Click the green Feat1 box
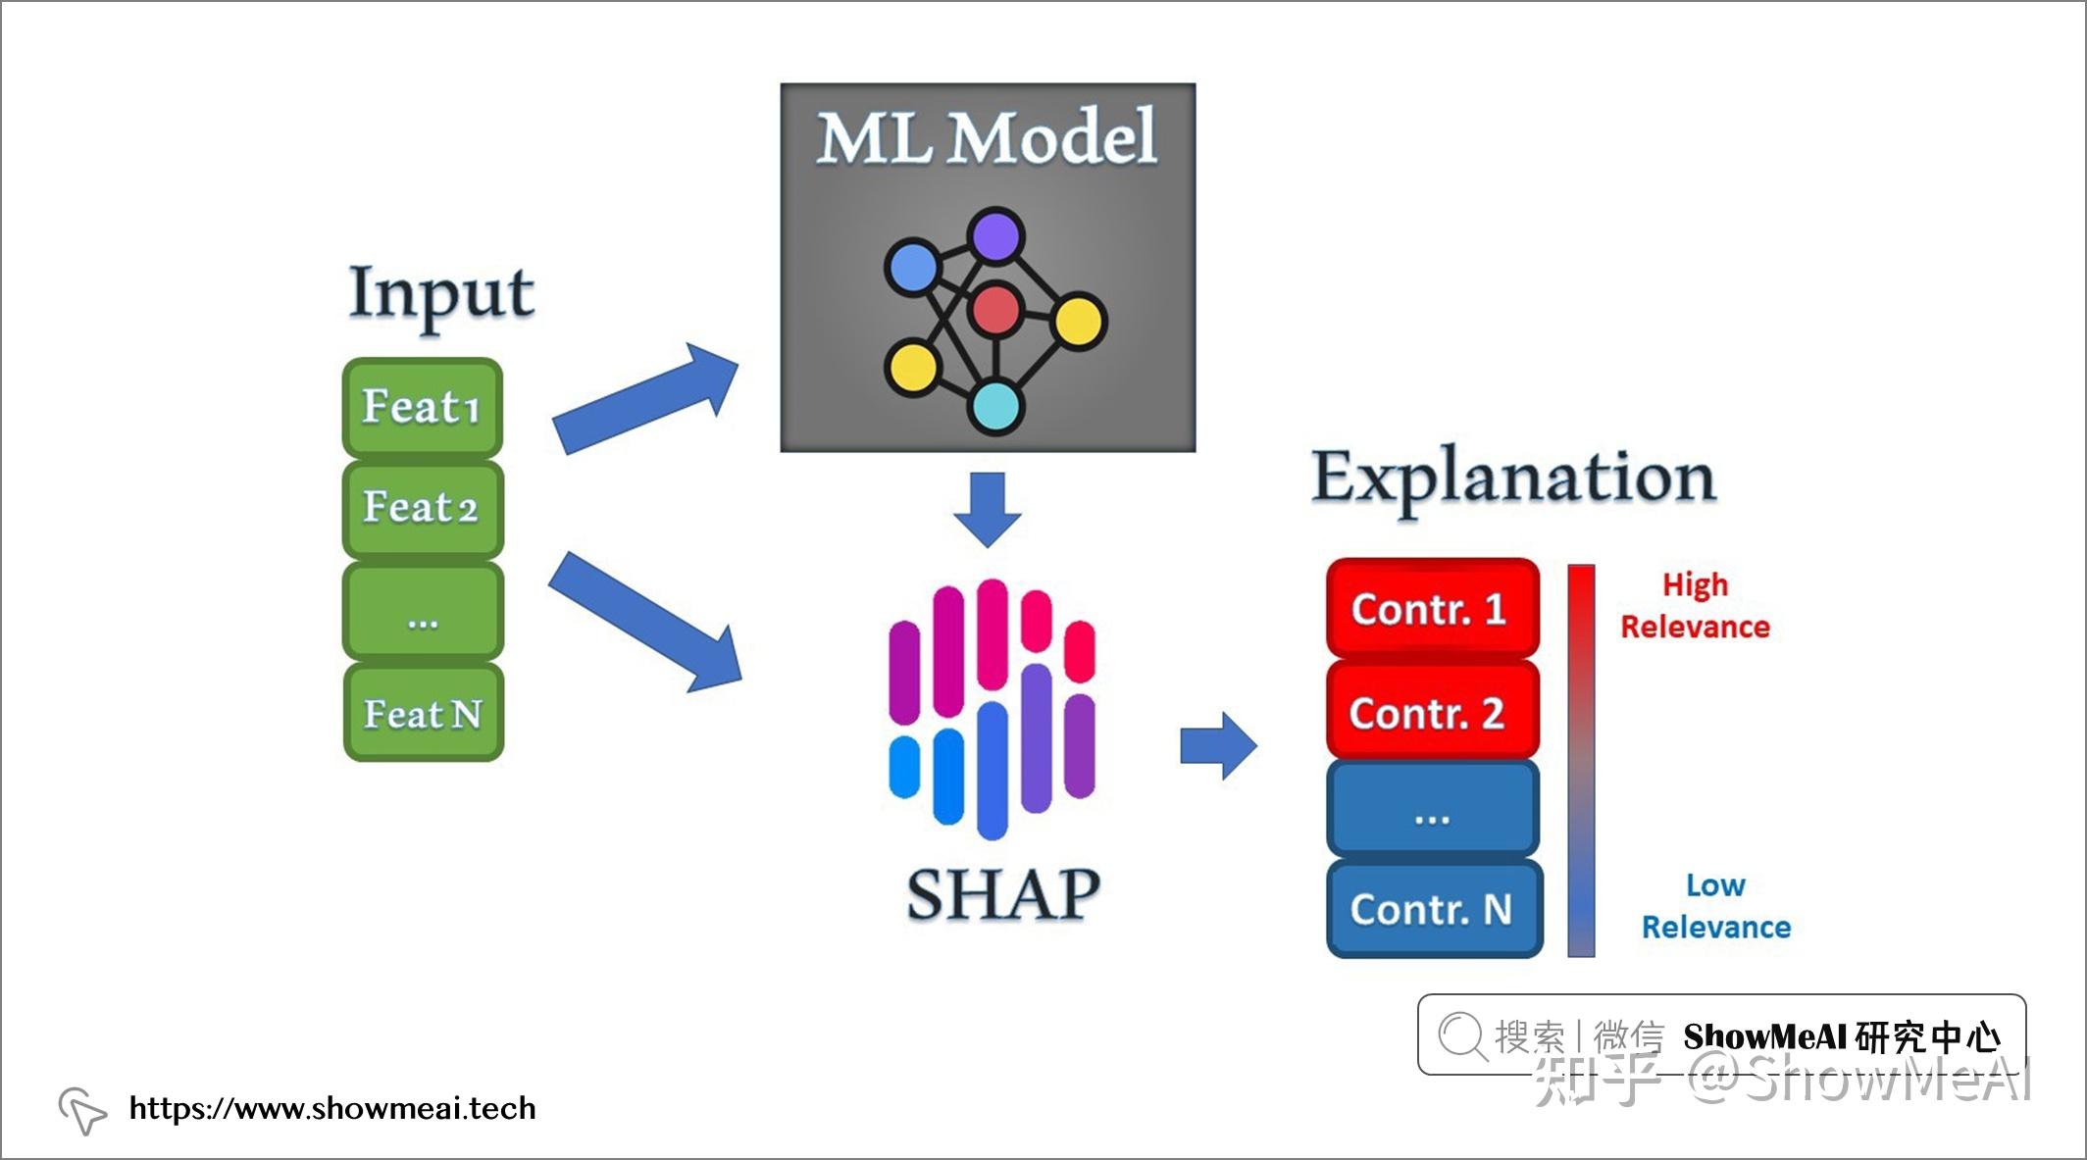point(423,407)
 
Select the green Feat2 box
point(423,509)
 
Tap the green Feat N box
point(423,712)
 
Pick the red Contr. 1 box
point(1433,608)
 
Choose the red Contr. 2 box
point(1433,710)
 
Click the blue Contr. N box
point(1434,908)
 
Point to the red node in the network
point(995,310)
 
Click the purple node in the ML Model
point(995,236)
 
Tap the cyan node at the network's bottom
point(995,407)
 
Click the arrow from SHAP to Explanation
point(1218,746)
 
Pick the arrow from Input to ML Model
point(645,396)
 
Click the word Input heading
point(441,294)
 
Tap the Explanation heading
point(1513,479)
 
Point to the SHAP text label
point(1003,894)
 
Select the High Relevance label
point(1695,606)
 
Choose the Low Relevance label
point(1716,906)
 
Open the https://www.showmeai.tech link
point(332,1108)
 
